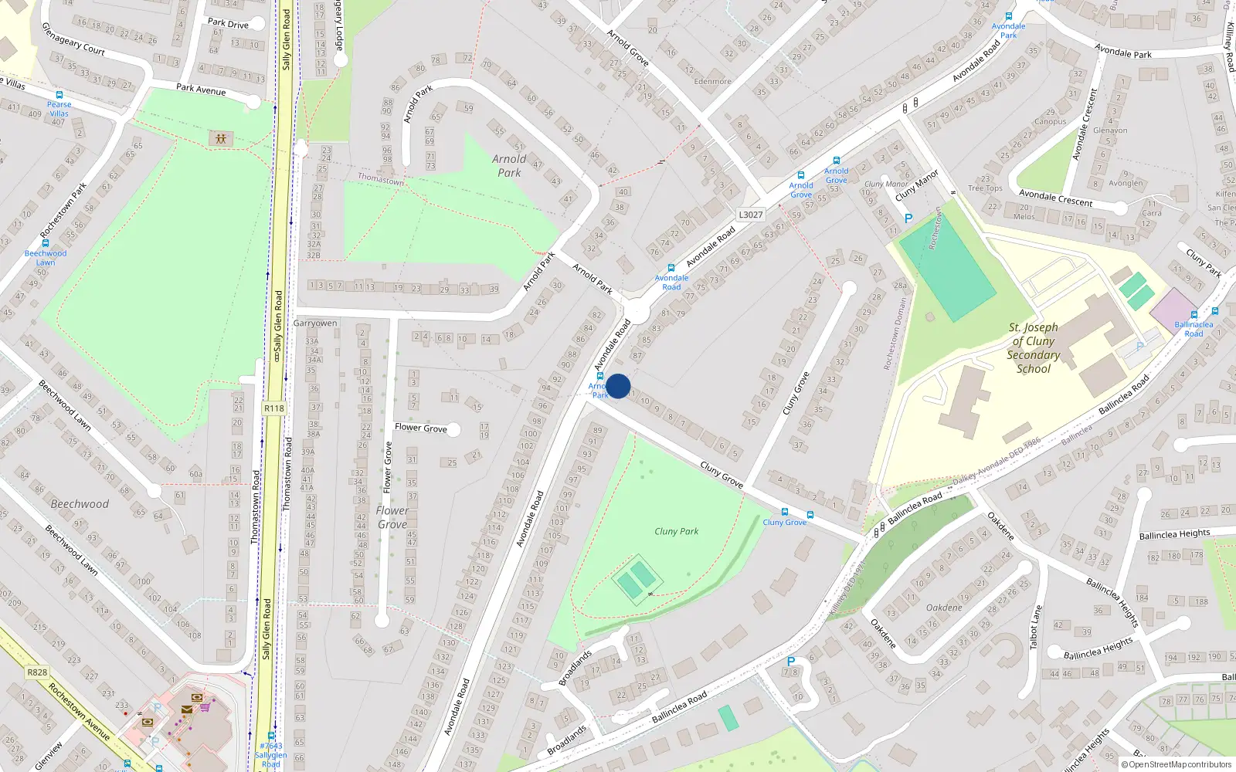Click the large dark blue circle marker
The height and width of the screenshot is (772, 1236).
coord(618,386)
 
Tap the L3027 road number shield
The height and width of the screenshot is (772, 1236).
coord(750,215)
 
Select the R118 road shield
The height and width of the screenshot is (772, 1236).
coord(274,408)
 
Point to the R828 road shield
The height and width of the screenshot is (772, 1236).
coord(37,672)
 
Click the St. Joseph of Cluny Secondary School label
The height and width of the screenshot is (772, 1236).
coord(1033,348)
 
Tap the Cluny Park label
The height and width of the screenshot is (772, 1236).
coord(676,531)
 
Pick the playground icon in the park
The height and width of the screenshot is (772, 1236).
coord(221,138)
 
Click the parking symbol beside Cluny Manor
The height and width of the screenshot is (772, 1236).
coord(908,218)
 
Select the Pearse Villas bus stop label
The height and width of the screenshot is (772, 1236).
coord(59,109)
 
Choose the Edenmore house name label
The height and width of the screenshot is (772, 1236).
coord(712,81)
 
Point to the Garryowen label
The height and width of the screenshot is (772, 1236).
coord(315,323)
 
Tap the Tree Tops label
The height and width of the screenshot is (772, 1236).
coord(985,188)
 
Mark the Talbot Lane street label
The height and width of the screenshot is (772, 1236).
coord(1036,627)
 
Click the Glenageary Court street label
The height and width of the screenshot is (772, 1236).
coord(73,39)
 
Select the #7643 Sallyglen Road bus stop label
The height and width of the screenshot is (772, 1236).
coord(271,754)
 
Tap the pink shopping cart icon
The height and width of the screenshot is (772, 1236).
coord(205,706)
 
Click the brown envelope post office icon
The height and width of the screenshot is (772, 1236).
coord(187,709)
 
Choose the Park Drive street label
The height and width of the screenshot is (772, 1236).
coord(228,23)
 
